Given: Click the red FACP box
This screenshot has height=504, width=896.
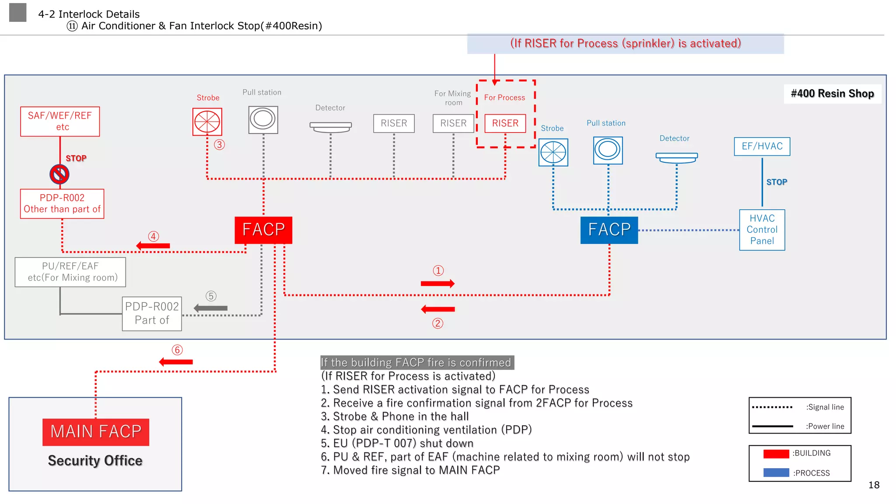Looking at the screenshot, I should click(x=263, y=230).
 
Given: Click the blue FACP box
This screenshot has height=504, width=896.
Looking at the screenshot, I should click(x=609, y=230).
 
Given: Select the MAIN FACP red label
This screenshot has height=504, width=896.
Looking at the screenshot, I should click(x=96, y=432).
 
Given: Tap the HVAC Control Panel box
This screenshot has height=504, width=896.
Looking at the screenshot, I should click(x=762, y=230).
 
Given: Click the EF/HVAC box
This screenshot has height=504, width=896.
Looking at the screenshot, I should click(x=762, y=146).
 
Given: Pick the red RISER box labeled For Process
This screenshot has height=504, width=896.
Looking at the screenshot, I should click(x=505, y=123).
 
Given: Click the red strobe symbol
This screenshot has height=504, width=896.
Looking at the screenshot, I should click(x=207, y=122).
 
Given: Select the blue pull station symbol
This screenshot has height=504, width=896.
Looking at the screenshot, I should click(x=608, y=150).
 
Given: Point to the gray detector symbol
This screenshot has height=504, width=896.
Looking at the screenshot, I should click(x=330, y=127).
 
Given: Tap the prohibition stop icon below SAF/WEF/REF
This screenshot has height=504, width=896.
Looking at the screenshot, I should click(x=59, y=174).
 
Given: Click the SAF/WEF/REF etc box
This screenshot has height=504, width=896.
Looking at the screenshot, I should click(x=60, y=121).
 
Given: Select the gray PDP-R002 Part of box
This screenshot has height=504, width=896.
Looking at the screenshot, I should click(x=152, y=314).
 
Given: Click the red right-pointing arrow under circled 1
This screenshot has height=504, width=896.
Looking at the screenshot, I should click(x=437, y=283).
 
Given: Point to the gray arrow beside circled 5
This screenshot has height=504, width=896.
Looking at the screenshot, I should click(x=210, y=308).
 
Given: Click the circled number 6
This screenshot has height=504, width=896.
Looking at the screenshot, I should click(x=177, y=350).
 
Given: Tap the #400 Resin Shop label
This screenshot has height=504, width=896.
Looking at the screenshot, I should click(x=832, y=94).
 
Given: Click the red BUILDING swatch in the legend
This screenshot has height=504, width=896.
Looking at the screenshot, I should click(x=776, y=454).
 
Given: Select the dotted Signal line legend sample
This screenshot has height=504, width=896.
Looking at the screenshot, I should click(x=772, y=407).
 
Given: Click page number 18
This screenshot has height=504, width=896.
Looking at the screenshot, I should click(x=874, y=485).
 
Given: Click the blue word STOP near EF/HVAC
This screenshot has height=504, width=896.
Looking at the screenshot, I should click(x=777, y=182).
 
